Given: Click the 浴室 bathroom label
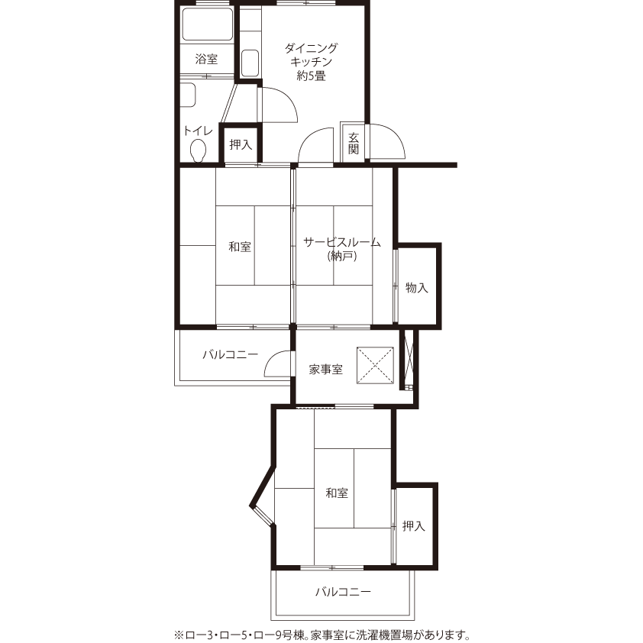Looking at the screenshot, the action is coord(206,60).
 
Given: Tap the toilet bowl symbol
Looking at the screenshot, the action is coord(198,150).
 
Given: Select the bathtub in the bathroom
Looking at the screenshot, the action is coord(207,24).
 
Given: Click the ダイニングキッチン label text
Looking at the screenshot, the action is coord(312,55).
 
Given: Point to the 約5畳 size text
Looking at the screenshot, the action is coord(312,76).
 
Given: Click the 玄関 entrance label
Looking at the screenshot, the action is coord(354,144).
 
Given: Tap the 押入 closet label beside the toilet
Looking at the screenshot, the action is coord(241,144).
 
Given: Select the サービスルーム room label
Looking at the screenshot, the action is coord(342,242).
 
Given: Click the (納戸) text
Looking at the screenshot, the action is coord(342,257).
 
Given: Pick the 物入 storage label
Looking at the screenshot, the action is coord(417,288).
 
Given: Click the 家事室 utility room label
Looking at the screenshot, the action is coord(326,370).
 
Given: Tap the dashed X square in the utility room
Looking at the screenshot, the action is coord(375,365).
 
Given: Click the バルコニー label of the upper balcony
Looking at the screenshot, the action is coord(231,354).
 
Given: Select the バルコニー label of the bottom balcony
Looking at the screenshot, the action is coord(343,592).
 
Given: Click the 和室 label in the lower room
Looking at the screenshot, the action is coord(337,493).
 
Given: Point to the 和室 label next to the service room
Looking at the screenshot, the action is coord(240,247).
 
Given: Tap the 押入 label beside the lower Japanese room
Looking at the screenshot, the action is coord(413,526).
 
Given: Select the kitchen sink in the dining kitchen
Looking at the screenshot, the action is coord(250,63).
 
